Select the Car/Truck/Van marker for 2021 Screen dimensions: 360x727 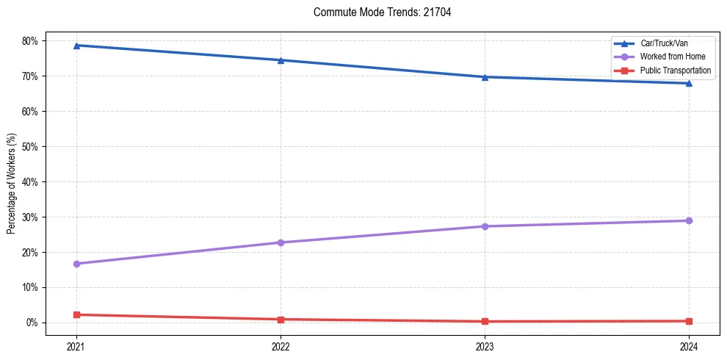76,46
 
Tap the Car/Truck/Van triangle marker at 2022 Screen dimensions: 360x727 281,60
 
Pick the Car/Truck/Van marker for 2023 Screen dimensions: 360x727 485,77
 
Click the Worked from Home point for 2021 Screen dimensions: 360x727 76,264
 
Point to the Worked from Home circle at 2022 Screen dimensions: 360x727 281,242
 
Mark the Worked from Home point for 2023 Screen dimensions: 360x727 485,226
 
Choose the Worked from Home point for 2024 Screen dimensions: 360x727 689,220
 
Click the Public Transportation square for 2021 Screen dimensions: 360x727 76,314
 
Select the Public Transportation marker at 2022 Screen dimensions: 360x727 281,320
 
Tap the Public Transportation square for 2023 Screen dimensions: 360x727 485,321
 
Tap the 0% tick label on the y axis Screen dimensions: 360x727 32,323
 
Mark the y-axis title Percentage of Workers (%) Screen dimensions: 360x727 12,182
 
